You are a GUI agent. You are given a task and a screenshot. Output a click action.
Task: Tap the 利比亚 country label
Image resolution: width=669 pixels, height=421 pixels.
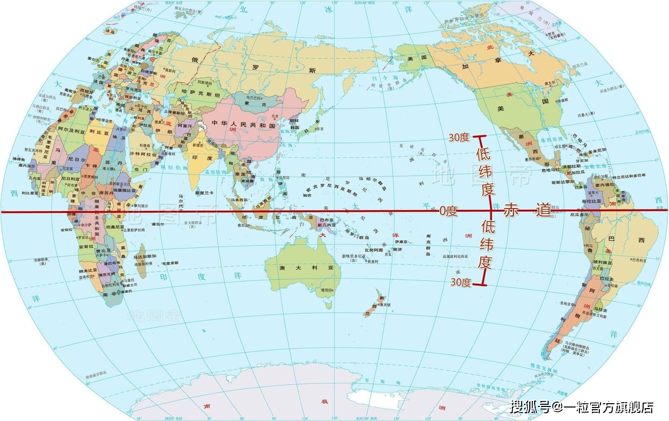96,131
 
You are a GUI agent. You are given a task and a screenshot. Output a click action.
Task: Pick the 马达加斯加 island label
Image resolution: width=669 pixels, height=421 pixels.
145,257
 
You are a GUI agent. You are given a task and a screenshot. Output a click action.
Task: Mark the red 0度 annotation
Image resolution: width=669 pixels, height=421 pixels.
448,211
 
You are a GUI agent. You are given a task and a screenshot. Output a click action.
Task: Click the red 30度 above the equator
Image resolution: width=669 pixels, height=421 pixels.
459,138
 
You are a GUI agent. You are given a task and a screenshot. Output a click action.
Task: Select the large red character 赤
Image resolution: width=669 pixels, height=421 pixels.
511,211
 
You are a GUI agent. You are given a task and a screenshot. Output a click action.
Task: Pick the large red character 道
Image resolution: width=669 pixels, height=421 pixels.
544,211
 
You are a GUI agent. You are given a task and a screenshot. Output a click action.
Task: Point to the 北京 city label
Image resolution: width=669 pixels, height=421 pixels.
275,115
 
